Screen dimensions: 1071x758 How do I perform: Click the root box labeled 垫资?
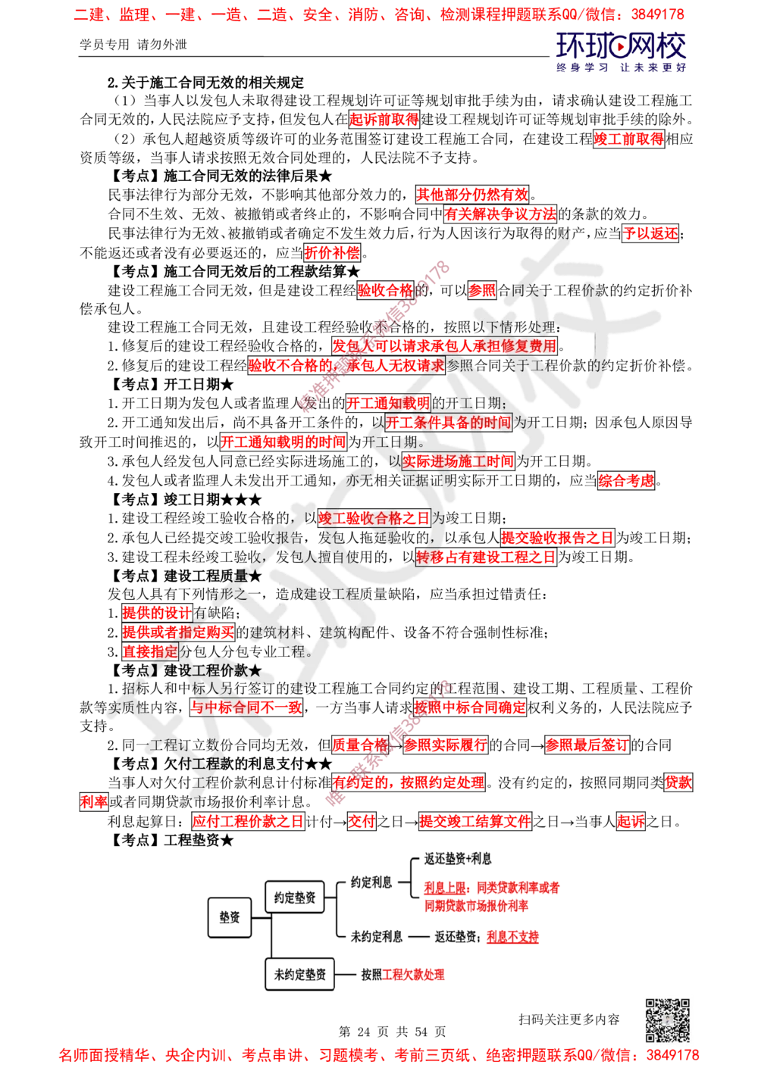(229, 917)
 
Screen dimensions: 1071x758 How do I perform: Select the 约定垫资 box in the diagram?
(294, 898)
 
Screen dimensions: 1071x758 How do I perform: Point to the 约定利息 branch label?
(371, 882)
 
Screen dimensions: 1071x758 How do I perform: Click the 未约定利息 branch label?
(377, 936)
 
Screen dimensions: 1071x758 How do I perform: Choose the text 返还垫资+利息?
(457, 860)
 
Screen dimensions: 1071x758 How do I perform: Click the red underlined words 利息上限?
(444, 887)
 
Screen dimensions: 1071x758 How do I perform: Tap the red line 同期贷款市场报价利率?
(477, 905)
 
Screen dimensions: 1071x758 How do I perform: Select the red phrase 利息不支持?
(512, 936)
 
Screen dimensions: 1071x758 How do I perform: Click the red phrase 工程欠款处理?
(414, 975)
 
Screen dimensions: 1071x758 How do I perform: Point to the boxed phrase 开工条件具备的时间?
(448, 423)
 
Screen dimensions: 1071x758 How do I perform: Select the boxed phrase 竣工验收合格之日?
(374, 518)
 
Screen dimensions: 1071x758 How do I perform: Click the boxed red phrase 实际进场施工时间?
(458, 461)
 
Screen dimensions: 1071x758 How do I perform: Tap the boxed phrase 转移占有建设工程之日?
(486, 557)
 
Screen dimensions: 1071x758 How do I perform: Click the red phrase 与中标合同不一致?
(246, 708)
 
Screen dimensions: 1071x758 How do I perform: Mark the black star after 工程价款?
(255, 671)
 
